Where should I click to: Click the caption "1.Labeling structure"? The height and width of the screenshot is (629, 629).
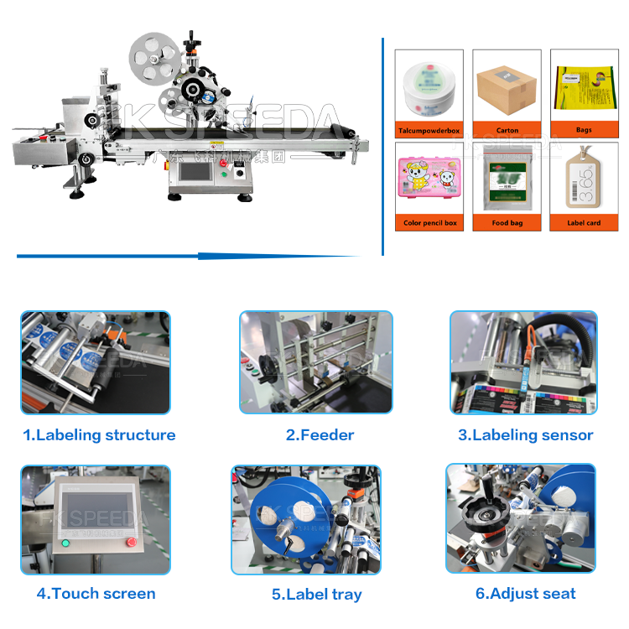[x=99, y=435]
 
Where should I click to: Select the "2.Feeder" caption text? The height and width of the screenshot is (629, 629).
[x=320, y=435]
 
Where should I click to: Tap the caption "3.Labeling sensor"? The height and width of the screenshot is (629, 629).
[x=525, y=435]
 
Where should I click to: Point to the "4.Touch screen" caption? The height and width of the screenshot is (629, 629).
[x=96, y=594]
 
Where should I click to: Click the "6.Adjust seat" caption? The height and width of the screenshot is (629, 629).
[x=525, y=594]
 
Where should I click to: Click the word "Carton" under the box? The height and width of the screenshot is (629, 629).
[x=507, y=131]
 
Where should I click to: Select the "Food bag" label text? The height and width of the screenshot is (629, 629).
[x=507, y=224]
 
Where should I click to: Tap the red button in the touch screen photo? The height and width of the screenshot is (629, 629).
[x=131, y=543]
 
